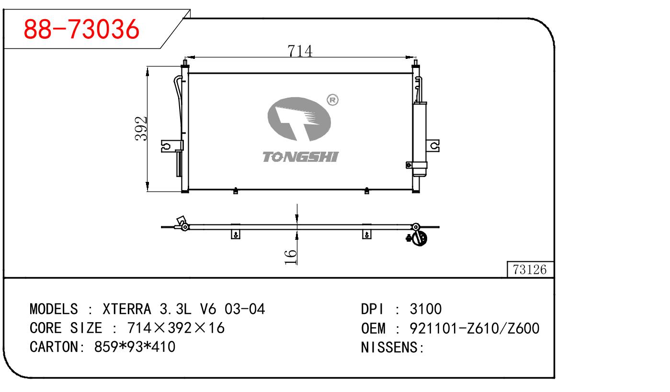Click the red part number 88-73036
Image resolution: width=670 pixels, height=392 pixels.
81,30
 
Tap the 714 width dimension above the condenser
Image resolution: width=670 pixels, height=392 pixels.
300,50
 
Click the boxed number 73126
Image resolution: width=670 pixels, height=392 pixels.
530,270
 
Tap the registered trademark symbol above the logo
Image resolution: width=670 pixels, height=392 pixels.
332,100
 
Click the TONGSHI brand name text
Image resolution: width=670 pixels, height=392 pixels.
300,157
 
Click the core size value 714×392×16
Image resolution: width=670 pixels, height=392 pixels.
176,328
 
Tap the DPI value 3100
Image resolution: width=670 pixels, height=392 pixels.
426,309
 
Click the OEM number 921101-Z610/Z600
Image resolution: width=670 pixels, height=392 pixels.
474,328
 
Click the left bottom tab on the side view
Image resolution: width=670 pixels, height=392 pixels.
235,234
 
